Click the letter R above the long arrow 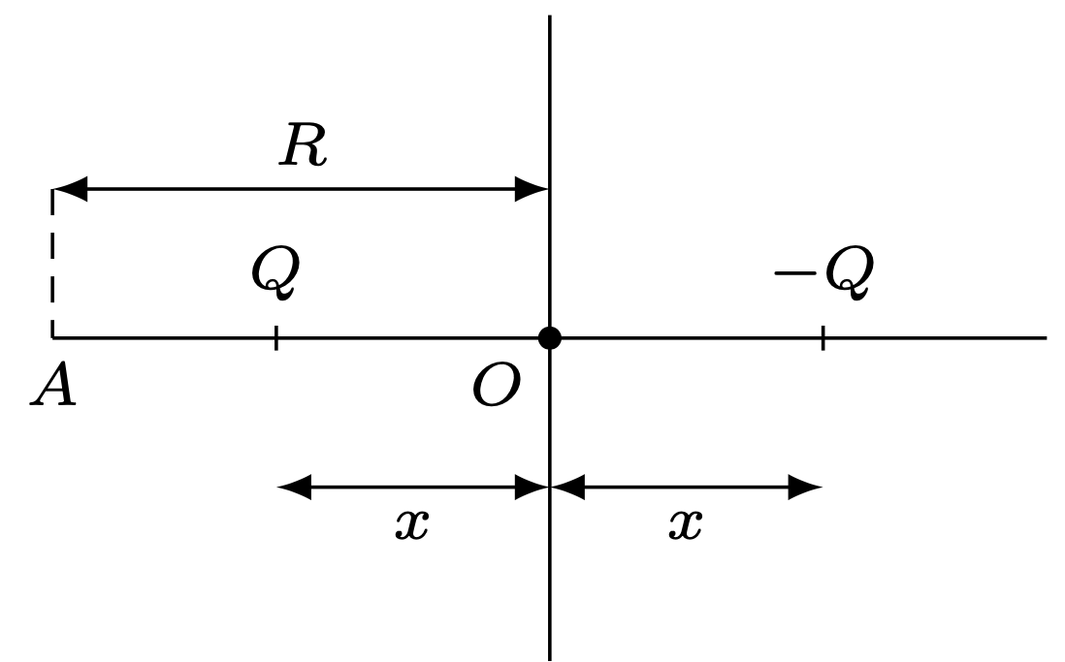(x=304, y=147)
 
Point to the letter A (x=54, y=388)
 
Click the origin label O (x=496, y=388)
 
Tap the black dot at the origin (x=550, y=338)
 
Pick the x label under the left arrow (x=411, y=524)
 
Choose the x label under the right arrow (x=685, y=524)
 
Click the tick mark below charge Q (x=276, y=338)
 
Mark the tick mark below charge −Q (x=823, y=338)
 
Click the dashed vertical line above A (x=53, y=262)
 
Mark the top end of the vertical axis (x=550, y=18)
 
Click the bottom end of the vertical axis (x=550, y=657)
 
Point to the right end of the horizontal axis (x=1045, y=338)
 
